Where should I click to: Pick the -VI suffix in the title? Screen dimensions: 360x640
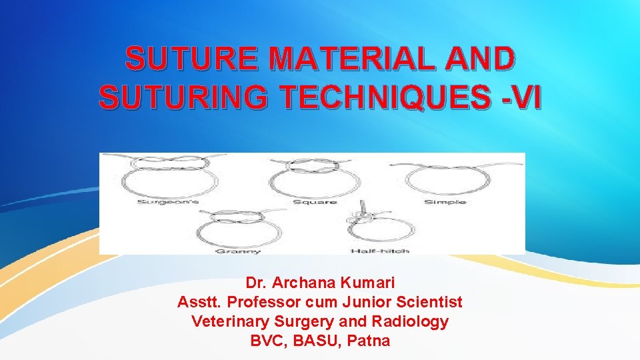[x=519, y=99]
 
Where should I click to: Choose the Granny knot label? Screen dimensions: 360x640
[x=229, y=251]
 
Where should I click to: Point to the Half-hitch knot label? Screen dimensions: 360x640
[x=379, y=251]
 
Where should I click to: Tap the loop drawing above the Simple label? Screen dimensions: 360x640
[x=443, y=178]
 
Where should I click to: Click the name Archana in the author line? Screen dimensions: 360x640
[x=305, y=283]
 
